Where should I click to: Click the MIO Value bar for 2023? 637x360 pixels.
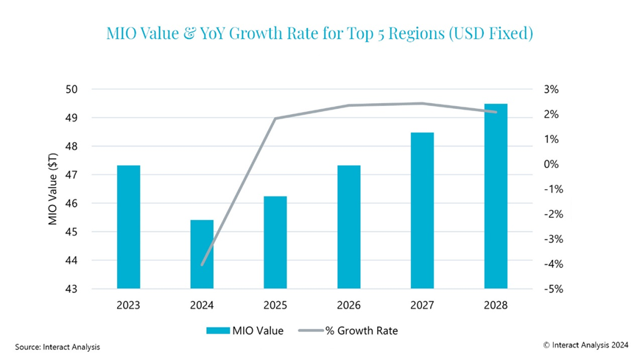[128, 227]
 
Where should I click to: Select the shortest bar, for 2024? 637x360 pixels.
[202, 254]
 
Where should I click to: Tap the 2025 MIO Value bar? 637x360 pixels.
[275, 242]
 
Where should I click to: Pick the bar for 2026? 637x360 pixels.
[349, 227]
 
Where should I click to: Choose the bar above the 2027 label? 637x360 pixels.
[422, 211]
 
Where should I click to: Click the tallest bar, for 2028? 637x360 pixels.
[496, 196]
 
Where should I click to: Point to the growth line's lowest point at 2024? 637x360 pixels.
[202, 264]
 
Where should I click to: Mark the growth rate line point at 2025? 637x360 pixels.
[275, 119]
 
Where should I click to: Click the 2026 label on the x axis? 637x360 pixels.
[349, 304]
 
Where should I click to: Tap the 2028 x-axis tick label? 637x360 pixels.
[496, 304]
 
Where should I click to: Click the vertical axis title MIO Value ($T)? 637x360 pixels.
[53, 189]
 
